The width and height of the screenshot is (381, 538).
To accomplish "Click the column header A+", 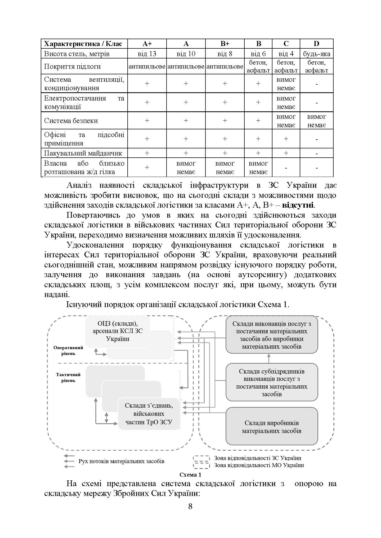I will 147,44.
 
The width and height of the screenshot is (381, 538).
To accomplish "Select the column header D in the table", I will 316,44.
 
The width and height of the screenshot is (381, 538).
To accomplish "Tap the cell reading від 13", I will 147,54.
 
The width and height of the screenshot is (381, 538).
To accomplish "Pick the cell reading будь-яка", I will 316,54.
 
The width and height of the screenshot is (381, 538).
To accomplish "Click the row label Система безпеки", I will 71,121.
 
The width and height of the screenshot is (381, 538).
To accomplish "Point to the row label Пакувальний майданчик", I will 83,153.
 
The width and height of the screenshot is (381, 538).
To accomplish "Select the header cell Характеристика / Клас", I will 83,44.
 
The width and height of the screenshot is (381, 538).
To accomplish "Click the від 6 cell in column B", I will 258,54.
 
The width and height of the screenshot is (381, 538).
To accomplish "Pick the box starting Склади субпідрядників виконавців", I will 272,382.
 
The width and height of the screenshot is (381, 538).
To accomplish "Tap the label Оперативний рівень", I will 68,350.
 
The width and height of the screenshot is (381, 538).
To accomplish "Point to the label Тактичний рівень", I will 68,377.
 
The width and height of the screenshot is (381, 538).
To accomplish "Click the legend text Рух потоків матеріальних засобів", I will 121,461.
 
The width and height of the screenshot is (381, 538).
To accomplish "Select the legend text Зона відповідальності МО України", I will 259,465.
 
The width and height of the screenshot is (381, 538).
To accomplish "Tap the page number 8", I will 190,507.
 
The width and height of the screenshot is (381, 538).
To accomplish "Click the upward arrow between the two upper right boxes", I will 269,358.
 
